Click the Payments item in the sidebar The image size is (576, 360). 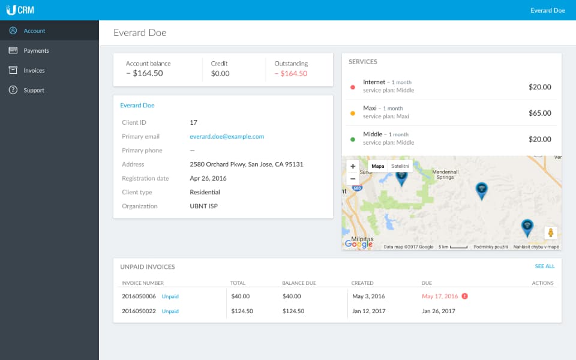(36, 50)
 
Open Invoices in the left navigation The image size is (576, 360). (34, 70)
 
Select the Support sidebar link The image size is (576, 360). (34, 90)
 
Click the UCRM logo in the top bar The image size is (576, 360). (20, 10)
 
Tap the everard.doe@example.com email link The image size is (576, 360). (227, 136)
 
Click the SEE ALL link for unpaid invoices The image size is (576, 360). (544, 266)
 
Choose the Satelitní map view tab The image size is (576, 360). (400, 166)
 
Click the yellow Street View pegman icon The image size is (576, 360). (550, 233)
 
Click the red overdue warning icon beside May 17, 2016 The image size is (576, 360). (465, 296)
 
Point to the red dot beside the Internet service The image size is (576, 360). (353, 87)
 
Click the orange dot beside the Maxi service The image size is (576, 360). (353, 113)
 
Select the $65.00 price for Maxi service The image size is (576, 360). (539, 113)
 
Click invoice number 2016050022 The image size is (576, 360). (139, 311)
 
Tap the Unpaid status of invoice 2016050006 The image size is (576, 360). (170, 296)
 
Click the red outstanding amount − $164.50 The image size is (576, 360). (290, 74)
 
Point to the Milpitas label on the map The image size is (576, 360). (362, 238)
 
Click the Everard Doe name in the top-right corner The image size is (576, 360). (547, 10)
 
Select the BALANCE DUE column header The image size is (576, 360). (299, 283)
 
